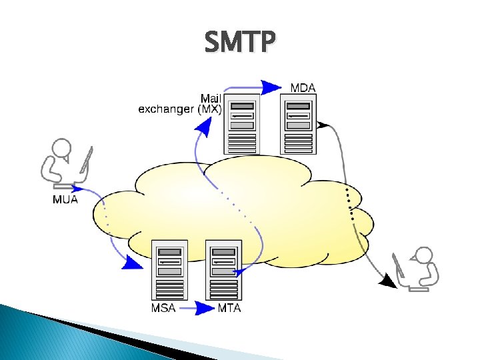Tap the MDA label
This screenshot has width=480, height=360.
tap(303, 87)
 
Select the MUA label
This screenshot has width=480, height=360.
tap(65, 199)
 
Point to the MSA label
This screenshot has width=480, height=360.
tap(164, 308)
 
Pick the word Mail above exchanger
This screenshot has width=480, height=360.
tap(211, 98)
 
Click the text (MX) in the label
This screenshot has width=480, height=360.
tap(210, 109)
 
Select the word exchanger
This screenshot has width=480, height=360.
tap(167, 109)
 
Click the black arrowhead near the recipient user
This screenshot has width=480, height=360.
tap(387, 281)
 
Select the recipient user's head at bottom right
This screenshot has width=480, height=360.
tap(423, 255)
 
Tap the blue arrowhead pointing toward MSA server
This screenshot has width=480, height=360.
tap(131, 264)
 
